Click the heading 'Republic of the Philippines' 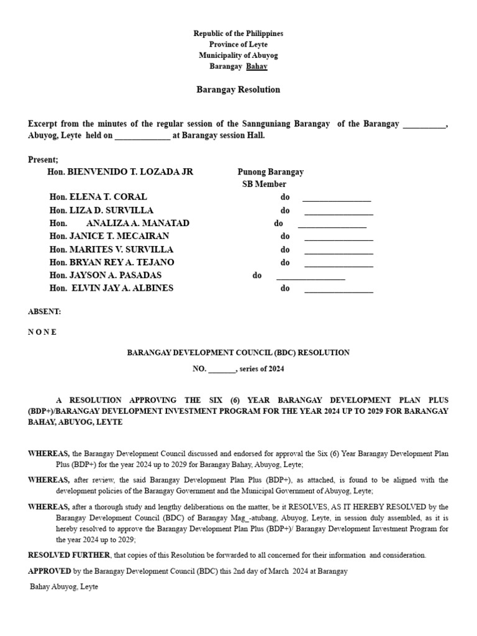click(x=238, y=34)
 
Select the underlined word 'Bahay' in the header click(x=257, y=66)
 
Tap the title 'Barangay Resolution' click(x=238, y=89)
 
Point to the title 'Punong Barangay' click(x=270, y=172)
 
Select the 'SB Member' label click(x=264, y=184)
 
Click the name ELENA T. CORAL click(x=108, y=197)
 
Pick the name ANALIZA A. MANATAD click(x=138, y=223)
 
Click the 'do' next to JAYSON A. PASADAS click(x=257, y=276)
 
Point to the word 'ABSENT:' click(x=45, y=311)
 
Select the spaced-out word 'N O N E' click(x=42, y=332)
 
